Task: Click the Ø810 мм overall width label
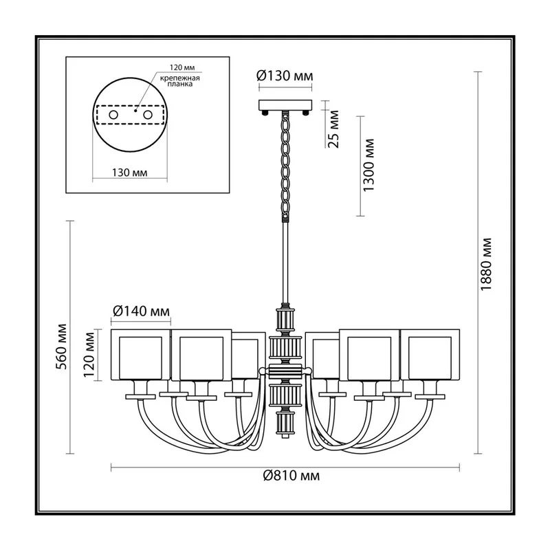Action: tap(291, 476)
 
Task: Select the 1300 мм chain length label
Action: tap(369, 165)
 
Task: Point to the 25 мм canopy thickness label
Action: tap(334, 129)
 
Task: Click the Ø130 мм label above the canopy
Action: tap(285, 76)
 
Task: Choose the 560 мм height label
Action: tap(62, 347)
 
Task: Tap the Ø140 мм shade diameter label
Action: tap(141, 311)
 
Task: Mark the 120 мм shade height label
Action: tap(89, 354)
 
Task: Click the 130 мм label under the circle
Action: tap(130, 173)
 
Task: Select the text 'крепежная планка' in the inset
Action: tap(180, 81)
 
